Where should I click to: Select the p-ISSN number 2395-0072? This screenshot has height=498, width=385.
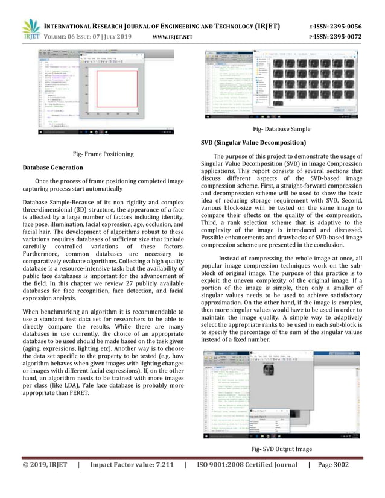tap(345, 36)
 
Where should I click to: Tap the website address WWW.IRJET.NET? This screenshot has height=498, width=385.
tap(172, 36)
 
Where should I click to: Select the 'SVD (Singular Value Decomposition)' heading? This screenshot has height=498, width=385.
tap(253, 142)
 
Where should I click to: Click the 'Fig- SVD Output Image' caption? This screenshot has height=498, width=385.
tap(282, 450)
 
